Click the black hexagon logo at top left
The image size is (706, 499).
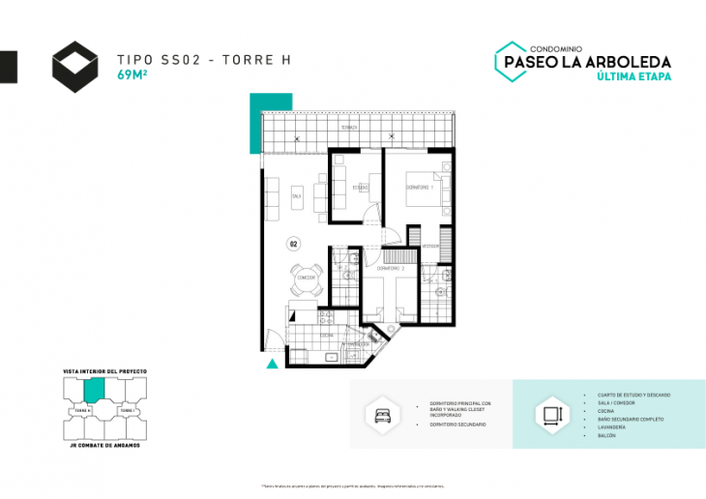tap(75, 67)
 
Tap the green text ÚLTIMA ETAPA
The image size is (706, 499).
tap(634, 76)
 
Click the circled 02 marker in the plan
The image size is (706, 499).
tap(293, 244)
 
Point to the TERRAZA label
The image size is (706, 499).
tap(349, 128)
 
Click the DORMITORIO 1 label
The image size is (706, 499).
tap(418, 186)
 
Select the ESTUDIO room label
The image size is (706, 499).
tap(360, 187)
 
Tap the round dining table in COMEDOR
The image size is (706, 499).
tap(307, 279)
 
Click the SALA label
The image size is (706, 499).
tap(296, 196)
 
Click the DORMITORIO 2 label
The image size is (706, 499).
tap(390, 267)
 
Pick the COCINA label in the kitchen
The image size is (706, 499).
tap(328, 335)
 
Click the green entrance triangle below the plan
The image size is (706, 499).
tap(273, 364)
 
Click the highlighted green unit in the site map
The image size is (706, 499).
tap(94, 390)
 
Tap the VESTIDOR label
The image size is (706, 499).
tap(429, 246)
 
